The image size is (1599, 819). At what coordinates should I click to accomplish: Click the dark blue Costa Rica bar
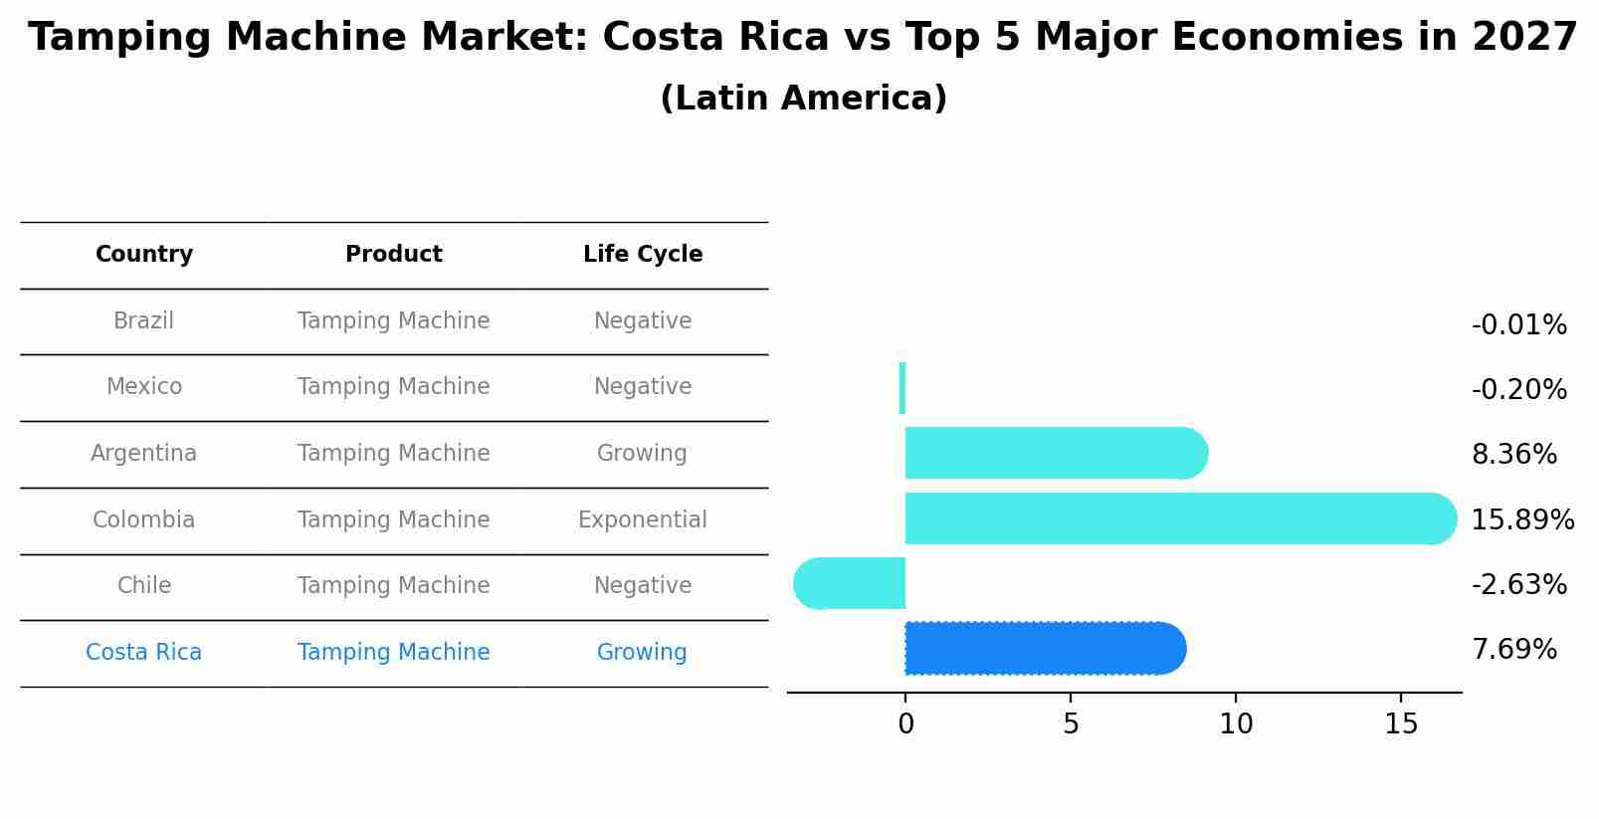point(1045,649)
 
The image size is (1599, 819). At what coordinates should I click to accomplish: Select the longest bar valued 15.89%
point(1179,518)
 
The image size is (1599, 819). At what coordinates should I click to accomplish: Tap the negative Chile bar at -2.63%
point(851,584)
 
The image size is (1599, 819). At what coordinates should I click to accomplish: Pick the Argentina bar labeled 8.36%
point(1055,453)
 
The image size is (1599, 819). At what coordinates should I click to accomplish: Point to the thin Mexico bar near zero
point(902,388)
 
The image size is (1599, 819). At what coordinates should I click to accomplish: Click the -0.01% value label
point(1518,325)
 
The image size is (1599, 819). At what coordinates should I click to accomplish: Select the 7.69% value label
point(1513,650)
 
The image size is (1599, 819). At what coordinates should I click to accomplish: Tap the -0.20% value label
point(1518,390)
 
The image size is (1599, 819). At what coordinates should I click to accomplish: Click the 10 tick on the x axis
point(1236,724)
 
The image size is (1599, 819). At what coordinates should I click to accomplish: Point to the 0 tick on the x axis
point(905,724)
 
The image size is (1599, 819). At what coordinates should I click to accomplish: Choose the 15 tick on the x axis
point(1401,724)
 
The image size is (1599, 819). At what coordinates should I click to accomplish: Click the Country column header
point(144,255)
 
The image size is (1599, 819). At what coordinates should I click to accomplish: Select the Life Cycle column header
point(643,255)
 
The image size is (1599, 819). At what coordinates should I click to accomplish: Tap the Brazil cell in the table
point(143,321)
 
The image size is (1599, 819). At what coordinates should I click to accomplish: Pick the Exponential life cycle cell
point(642,519)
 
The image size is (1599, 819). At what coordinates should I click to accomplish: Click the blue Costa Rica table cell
point(143,653)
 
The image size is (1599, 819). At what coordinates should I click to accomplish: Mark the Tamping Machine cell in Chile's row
point(393,586)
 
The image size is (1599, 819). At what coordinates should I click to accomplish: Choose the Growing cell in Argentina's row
point(642,454)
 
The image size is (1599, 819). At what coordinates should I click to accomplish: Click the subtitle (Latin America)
point(803,99)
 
